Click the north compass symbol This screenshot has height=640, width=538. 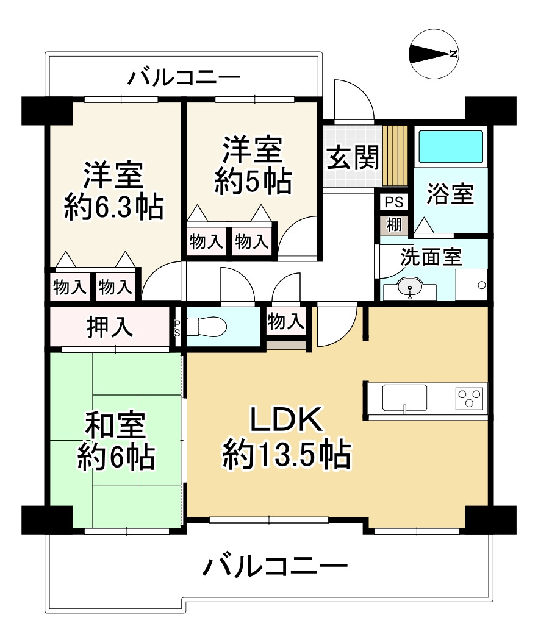click(434, 54)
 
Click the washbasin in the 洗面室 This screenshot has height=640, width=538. click(410, 286)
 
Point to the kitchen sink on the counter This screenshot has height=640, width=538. click(404, 397)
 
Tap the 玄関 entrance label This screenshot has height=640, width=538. click(353, 157)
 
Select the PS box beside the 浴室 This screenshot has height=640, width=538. click(394, 202)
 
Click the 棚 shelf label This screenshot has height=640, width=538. click(394, 224)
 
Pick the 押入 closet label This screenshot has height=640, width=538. click(110, 327)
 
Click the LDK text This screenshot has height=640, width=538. click(286, 419)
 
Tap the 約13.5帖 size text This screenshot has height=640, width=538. click(286, 454)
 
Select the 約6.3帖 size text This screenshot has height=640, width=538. click(113, 207)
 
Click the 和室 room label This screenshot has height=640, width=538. click(115, 425)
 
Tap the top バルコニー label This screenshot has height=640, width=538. click(184, 77)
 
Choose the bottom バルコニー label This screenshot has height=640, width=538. click(274, 566)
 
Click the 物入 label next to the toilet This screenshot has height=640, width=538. click(285, 321)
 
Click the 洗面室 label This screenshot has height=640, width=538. click(431, 257)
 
